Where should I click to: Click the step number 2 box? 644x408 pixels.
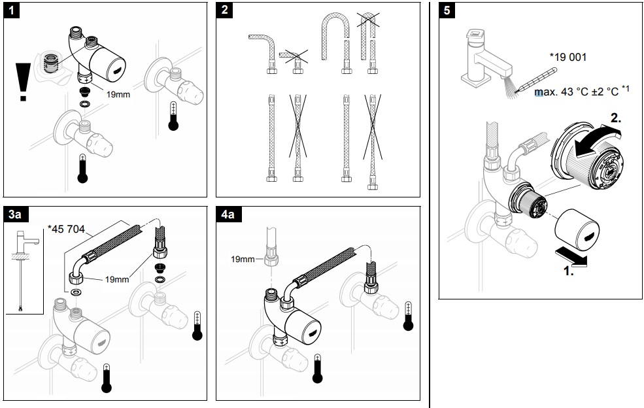[226, 11]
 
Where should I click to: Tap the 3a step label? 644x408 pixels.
[16, 214]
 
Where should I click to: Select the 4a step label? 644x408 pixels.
[229, 214]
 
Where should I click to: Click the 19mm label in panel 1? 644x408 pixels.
[118, 93]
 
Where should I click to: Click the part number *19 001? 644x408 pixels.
[568, 57]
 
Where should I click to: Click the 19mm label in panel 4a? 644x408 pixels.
[243, 259]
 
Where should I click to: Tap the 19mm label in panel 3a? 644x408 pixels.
[117, 279]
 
